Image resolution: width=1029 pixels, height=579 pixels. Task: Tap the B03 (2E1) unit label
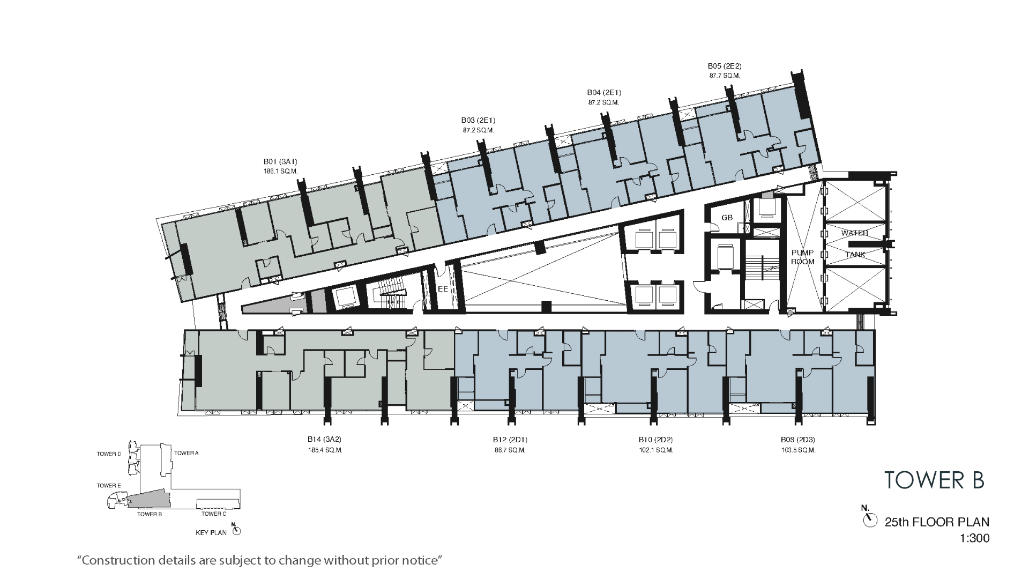click(x=478, y=120)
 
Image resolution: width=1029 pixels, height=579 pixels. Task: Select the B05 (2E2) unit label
click(x=725, y=66)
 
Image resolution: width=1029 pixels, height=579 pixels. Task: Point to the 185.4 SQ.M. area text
click(x=325, y=450)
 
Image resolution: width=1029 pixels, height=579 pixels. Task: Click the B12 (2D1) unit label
click(x=510, y=440)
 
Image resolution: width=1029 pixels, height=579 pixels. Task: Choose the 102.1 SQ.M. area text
click(x=656, y=450)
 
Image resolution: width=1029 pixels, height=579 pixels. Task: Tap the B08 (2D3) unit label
click(x=798, y=440)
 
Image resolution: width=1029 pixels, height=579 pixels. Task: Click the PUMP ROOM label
click(x=802, y=257)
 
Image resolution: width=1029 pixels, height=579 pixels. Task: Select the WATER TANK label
click(x=855, y=244)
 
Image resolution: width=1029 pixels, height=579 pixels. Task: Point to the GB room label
click(x=727, y=218)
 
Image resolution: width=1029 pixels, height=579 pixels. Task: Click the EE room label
click(x=443, y=289)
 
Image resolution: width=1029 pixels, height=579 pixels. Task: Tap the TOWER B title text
click(x=934, y=480)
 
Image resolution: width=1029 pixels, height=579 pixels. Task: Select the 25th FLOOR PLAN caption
click(x=937, y=522)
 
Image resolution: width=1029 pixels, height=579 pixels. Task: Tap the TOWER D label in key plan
click(x=109, y=454)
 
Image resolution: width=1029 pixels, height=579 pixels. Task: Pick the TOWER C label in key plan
click(x=214, y=514)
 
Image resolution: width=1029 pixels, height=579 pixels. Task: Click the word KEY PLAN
click(x=211, y=533)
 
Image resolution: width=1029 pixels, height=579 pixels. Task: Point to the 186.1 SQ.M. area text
click(x=280, y=171)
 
